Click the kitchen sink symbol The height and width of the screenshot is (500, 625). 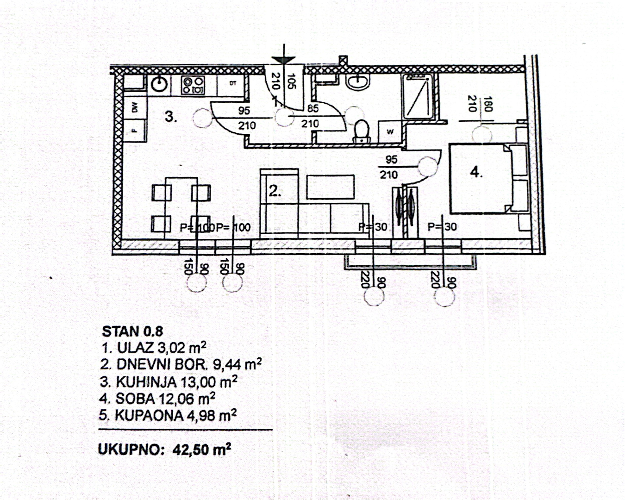160,84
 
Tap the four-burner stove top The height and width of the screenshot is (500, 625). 193,85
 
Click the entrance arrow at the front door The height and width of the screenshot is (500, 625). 283,57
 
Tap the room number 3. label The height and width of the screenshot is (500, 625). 171,117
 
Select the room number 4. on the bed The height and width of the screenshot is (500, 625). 476,172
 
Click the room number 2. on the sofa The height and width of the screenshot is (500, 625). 275,191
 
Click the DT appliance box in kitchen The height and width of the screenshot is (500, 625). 233,83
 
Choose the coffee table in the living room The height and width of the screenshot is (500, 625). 330,187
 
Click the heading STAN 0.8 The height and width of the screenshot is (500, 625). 132,331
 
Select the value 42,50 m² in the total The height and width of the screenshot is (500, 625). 201,450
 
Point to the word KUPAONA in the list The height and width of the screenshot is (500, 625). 149,415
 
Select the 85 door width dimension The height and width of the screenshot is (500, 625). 313,109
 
